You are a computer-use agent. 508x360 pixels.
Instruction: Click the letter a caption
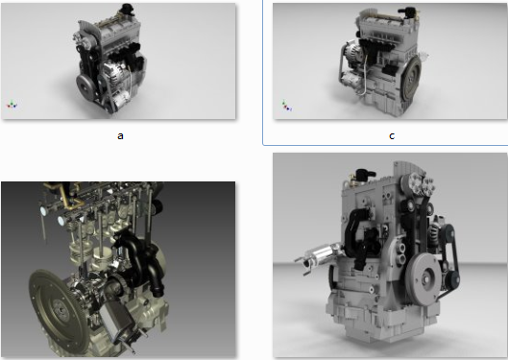(x=120, y=135)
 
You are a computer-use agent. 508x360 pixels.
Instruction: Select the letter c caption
(x=392, y=136)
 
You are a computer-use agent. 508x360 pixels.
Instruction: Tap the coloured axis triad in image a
(x=12, y=105)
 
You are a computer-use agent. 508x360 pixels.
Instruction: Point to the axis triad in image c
(x=286, y=106)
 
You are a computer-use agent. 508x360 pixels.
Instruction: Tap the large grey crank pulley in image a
(x=85, y=85)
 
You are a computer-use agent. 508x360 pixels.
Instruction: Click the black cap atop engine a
(x=127, y=9)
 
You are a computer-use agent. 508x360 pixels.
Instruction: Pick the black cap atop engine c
(x=407, y=12)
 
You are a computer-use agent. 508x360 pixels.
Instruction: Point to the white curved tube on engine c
(x=365, y=78)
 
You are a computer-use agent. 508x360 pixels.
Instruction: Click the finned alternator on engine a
(x=114, y=72)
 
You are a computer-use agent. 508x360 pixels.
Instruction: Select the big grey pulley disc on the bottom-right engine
(x=423, y=278)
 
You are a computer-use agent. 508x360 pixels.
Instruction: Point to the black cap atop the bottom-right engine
(x=365, y=175)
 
